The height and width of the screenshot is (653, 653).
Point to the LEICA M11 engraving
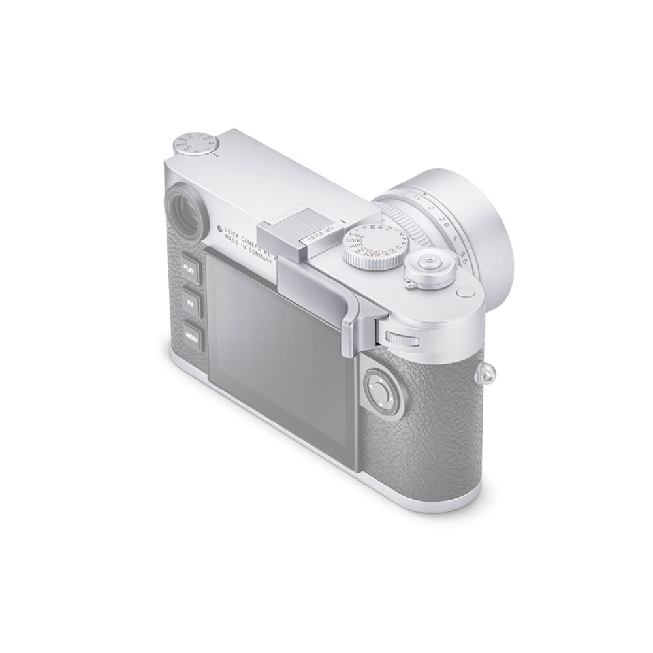[x=311, y=244]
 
